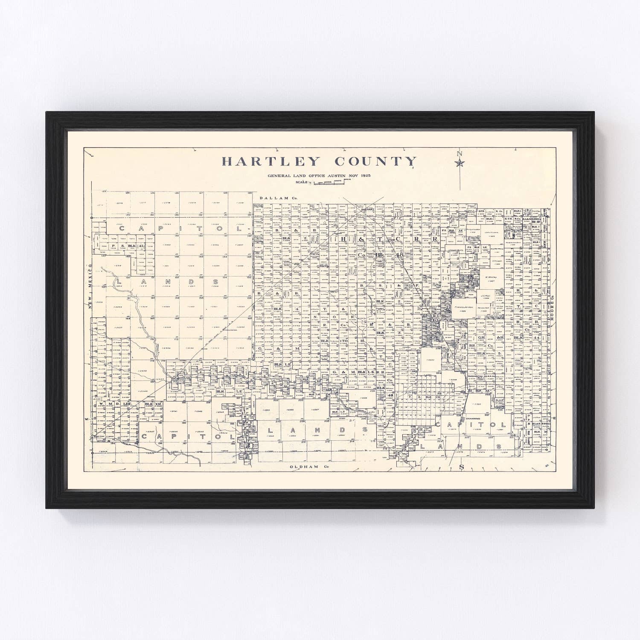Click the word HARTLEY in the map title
[x=271, y=161]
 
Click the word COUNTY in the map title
[x=375, y=161]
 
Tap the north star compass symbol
[x=460, y=163]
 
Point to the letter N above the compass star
[x=460, y=154]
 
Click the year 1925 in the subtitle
[x=365, y=175]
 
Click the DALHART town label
[x=367, y=209]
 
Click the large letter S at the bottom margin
[x=461, y=467]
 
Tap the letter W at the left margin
[x=87, y=419]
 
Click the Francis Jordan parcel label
[x=464, y=307]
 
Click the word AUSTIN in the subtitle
[x=333, y=175]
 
